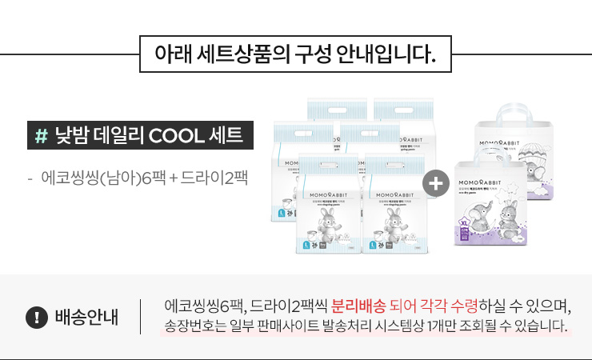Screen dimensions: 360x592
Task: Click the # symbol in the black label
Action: [42, 134]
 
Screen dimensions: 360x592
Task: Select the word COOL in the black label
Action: [177, 134]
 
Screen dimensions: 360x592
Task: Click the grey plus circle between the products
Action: [436, 185]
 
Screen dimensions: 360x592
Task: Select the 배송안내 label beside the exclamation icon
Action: [87, 317]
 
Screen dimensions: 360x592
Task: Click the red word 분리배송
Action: [359, 306]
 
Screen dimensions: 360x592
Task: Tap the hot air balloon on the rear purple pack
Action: [531, 152]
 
